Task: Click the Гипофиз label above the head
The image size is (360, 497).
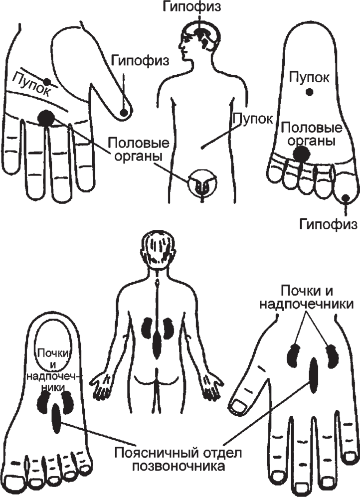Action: [x=192, y=7]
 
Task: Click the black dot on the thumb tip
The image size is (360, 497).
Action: [x=124, y=112]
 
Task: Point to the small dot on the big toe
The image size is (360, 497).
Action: [x=346, y=198]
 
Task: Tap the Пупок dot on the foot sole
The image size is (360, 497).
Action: [x=309, y=92]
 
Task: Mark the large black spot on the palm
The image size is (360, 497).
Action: [x=46, y=118]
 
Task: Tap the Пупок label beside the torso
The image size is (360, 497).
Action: [x=253, y=119]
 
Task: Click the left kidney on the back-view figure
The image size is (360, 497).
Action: [x=146, y=327]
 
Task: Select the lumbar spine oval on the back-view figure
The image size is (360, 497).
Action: [x=157, y=343]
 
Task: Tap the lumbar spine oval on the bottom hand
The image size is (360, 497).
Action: [x=313, y=374]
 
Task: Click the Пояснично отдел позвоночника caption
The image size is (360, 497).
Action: [x=178, y=459]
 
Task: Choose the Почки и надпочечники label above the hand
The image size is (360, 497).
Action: [x=307, y=297]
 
